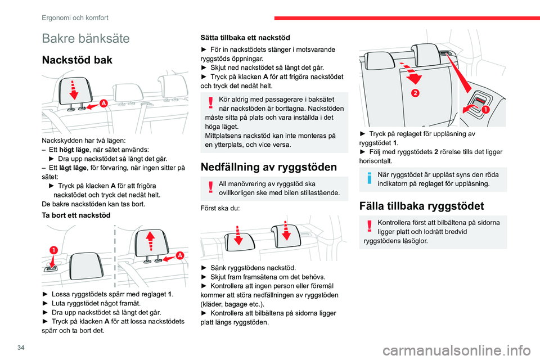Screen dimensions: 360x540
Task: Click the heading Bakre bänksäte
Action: click(x=85, y=39)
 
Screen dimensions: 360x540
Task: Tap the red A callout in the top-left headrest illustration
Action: click(x=103, y=102)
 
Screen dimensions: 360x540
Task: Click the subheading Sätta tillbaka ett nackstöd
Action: click(x=245, y=38)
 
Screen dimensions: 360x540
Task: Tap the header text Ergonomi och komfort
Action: click(x=75, y=17)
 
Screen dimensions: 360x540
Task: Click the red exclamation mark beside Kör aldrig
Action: click(x=209, y=102)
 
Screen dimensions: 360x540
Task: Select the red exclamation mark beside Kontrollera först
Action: click(x=369, y=226)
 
